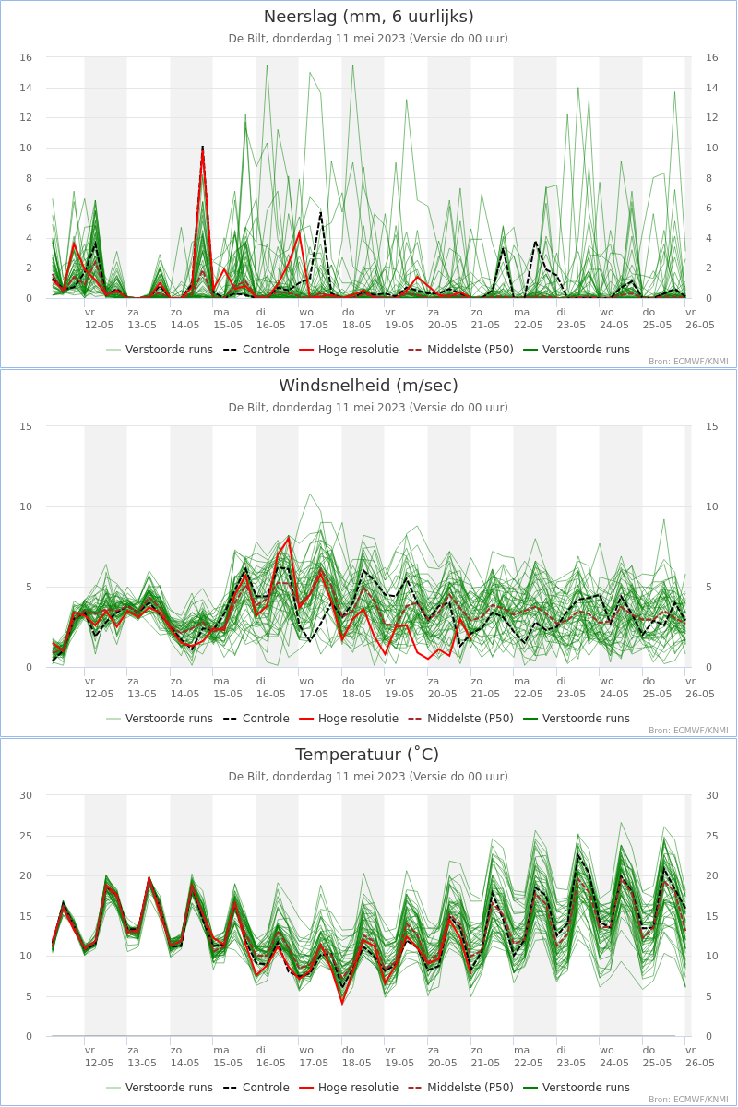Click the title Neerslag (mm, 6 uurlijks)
click(368, 17)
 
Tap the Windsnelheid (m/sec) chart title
click(368, 386)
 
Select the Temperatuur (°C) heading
click(367, 755)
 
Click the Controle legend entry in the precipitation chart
click(256, 350)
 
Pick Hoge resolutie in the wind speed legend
click(349, 719)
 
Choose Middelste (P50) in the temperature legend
click(460, 1088)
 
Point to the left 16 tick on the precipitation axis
click(26, 57)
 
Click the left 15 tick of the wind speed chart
click(26, 426)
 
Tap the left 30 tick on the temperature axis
click(26, 795)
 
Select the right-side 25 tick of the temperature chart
click(712, 836)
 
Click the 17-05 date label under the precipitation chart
click(314, 325)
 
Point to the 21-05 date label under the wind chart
click(485, 694)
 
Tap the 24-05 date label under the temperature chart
click(614, 1063)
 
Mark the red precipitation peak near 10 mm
click(203, 148)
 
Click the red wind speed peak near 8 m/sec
click(289, 538)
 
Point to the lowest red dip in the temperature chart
click(342, 1003)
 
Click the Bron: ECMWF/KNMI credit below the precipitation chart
click(688, 362)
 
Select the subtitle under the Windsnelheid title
click(368, 408)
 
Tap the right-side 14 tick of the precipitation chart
click(712, 88)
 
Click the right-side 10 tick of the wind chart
click(712, 506)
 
